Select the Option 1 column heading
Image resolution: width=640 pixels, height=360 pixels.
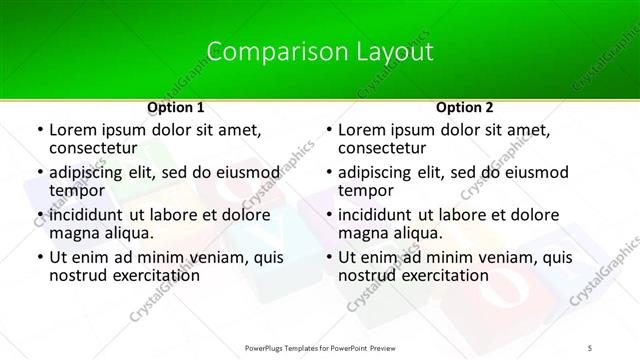click(175, 106)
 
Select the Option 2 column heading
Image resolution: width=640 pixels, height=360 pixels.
click(465, 106)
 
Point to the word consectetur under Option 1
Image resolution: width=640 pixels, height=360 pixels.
click(96, 149)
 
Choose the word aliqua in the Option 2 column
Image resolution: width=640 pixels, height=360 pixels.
click(415, 233)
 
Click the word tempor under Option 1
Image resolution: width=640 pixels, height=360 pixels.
click(77, 191)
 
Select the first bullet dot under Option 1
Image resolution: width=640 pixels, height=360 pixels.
click(38, 130)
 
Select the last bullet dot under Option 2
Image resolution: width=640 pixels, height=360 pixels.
click(328, 256)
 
